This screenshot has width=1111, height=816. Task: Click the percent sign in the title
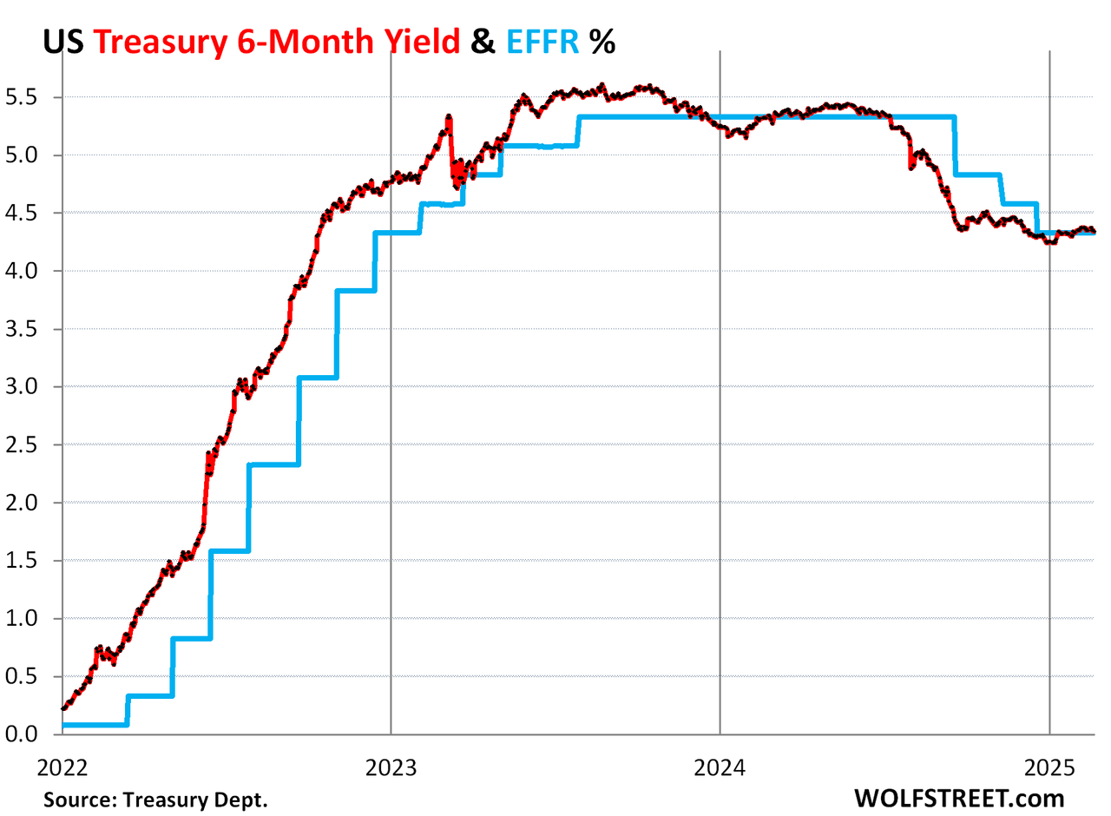[x=602, y=40]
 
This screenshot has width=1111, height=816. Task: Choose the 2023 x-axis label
[x=391, y=767]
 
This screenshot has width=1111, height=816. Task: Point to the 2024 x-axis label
[x=720, y=767]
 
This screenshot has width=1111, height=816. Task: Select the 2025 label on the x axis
[x=1049, y=767]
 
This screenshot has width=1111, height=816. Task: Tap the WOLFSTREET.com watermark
[x=959, y=797]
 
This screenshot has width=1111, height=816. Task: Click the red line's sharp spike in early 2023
[x=449, y=116]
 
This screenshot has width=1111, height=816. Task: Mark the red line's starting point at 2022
[x=62, y=708]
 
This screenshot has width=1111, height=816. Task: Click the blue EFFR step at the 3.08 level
[x=318, y=377]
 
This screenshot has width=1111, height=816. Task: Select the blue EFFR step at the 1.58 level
[x=230, y=550]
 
